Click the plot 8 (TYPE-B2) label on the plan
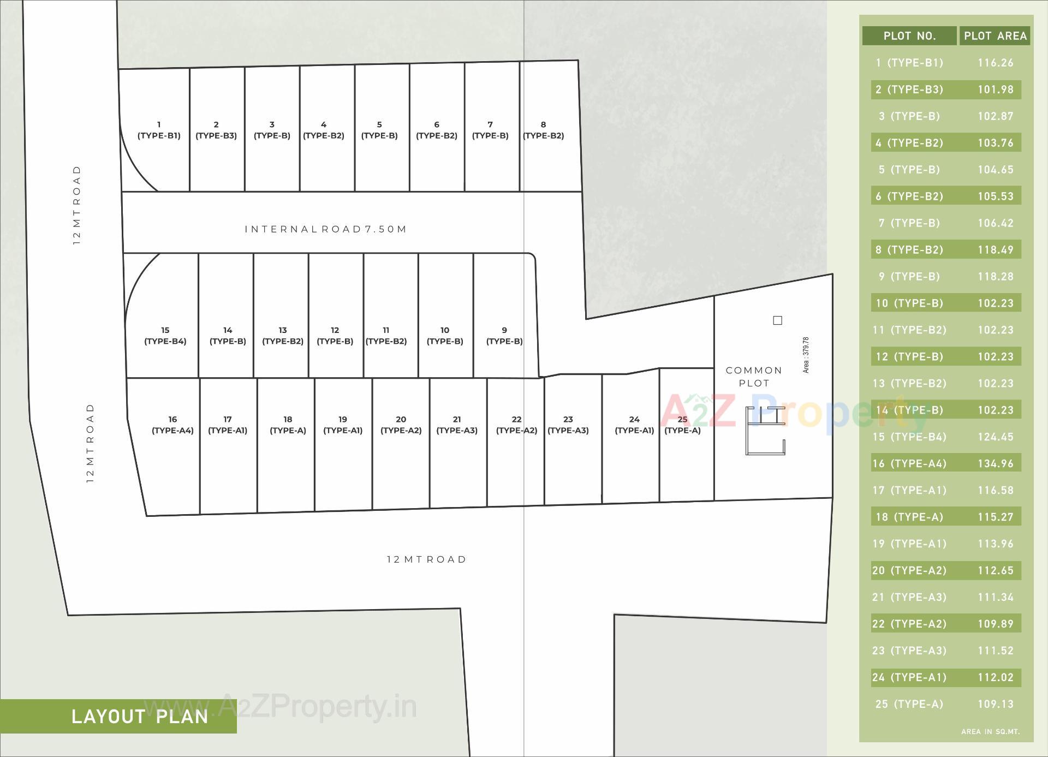(x=543, y=130)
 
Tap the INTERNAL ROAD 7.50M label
(x=326, y=229)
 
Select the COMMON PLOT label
(x=754, y=377)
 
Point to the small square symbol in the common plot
(x=778, y=320)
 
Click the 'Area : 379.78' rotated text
(x=806, y=355)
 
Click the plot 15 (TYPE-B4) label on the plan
(x=165, y=336)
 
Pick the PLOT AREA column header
(x=995, y=36)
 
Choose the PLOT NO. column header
(x=909, y=36)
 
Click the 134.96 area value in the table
(x=995, y=463)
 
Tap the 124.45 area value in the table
(x=995, y=437)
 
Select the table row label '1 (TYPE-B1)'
(x=909, y=63)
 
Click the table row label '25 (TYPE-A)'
(x=909, y=704)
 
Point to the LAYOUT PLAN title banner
(x=140, y=716)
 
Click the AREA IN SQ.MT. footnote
(x=990, y=731)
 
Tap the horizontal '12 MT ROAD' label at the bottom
(x=426, y=559)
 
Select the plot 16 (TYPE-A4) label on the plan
(x=172, y=425)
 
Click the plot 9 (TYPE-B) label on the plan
(x=504, y=336)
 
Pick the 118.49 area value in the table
(x=995, y=250)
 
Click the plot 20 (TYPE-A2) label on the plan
(x=401, y=425)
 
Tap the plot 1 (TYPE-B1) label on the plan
(x=159, y=130)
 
